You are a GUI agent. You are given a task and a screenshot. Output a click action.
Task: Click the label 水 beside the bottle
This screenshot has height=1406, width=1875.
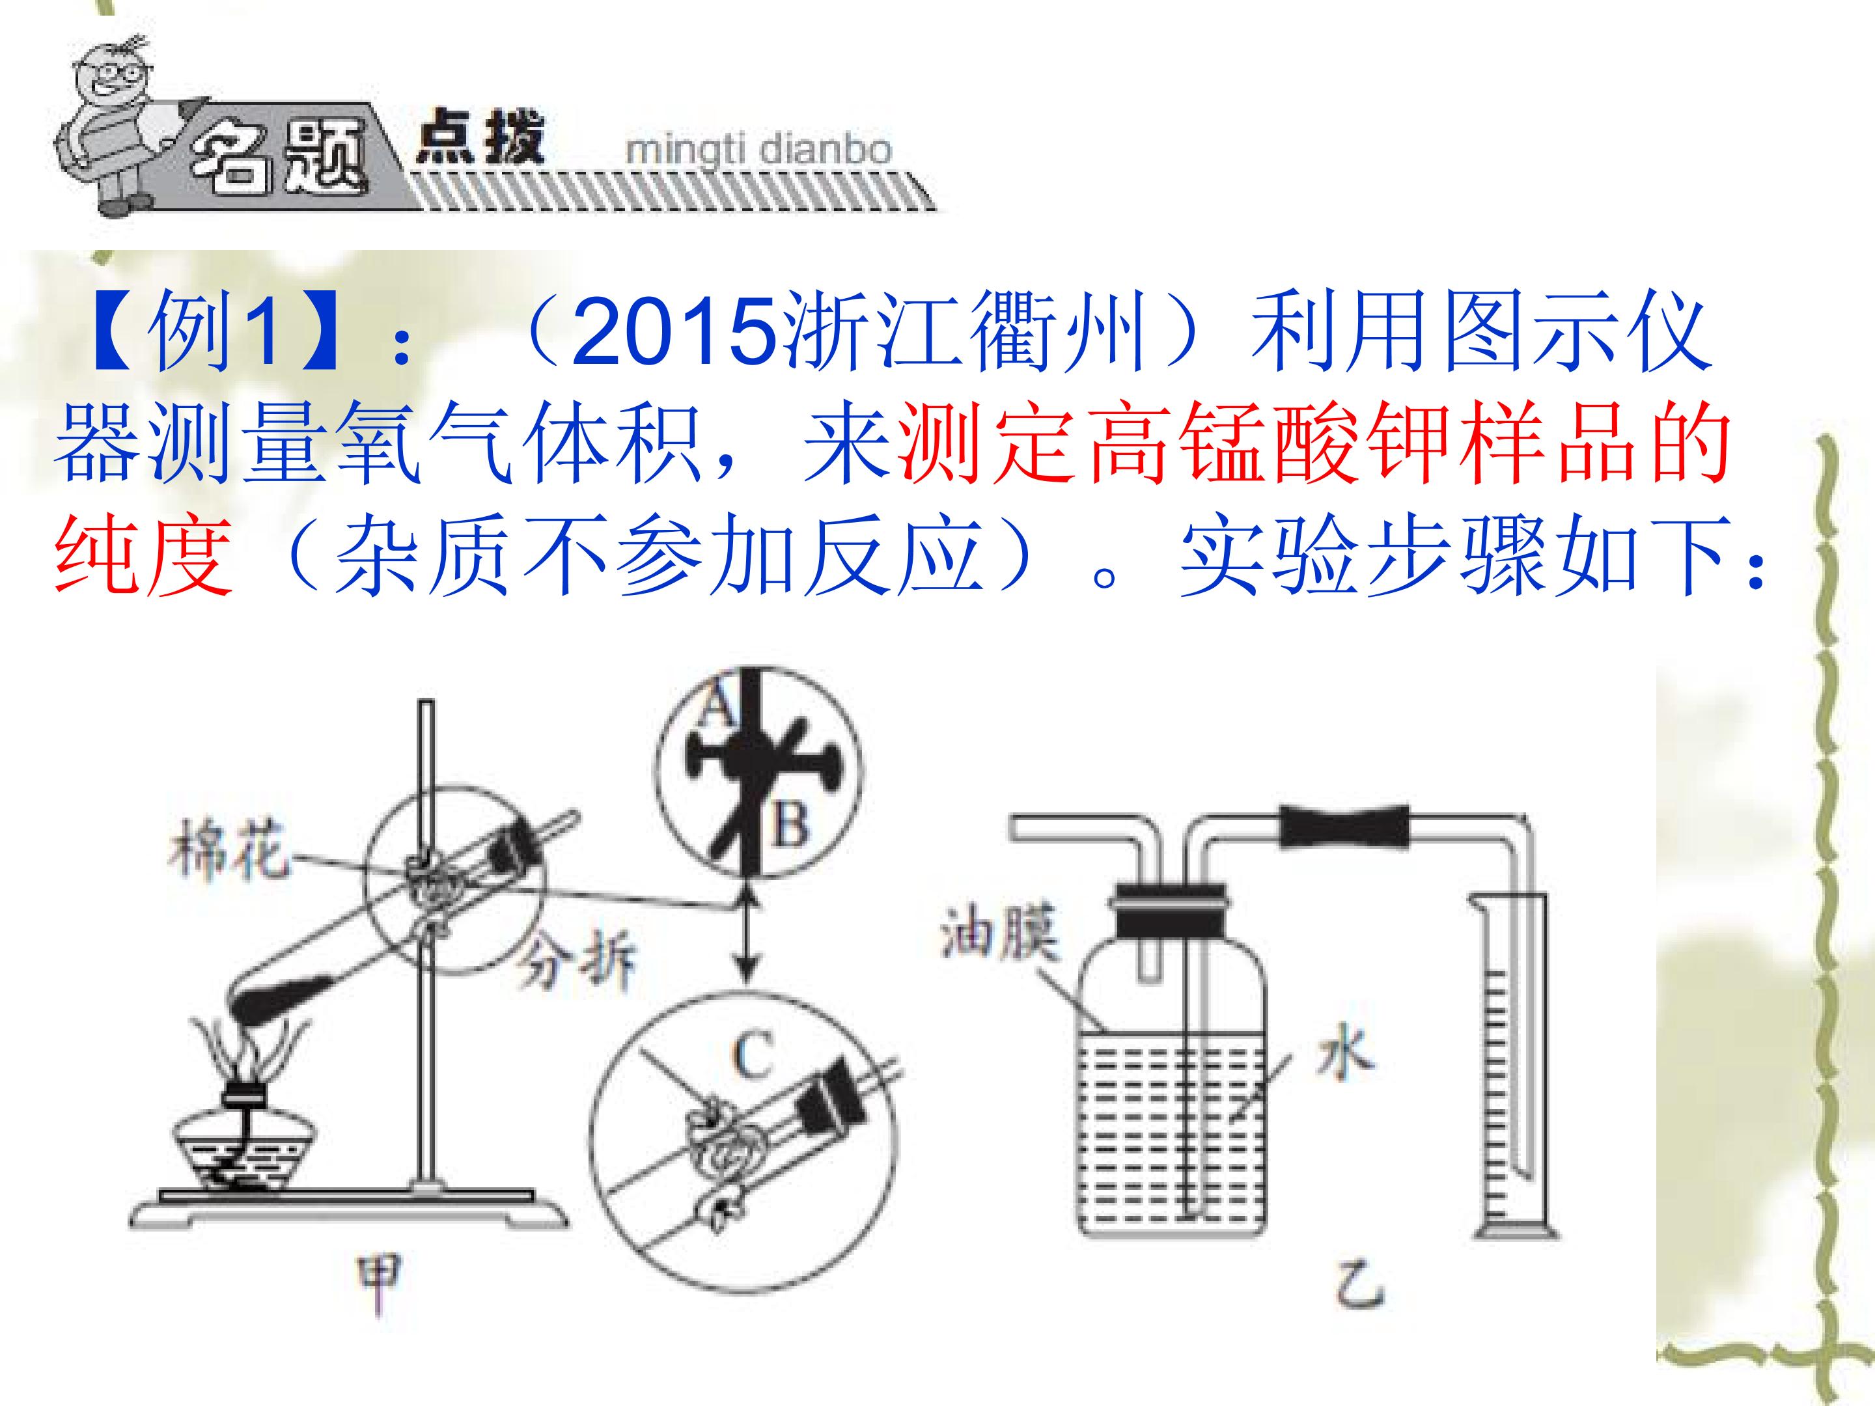(x=1345, y=1058)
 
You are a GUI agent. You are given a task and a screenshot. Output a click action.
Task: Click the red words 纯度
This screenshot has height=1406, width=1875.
(x=143, y=555)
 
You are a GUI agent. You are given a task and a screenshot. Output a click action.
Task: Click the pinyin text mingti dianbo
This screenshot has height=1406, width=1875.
(x=758, y=151)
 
